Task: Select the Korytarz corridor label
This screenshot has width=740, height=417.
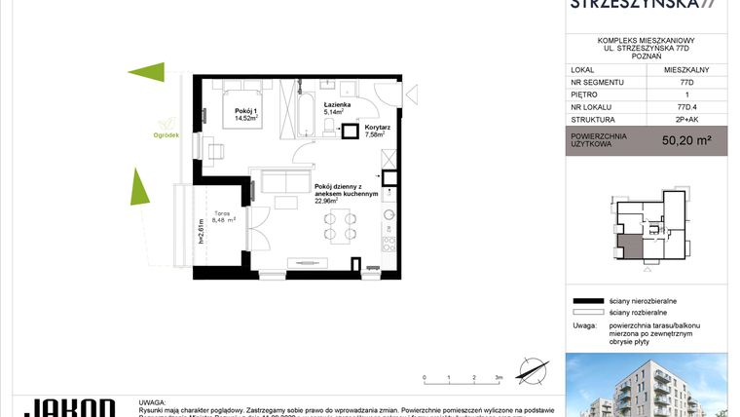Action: [378, 128]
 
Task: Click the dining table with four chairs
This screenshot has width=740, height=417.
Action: [338, 227]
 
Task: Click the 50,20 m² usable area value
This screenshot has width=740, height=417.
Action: [685, 140]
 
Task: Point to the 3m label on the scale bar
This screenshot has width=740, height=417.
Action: [499, 376]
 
